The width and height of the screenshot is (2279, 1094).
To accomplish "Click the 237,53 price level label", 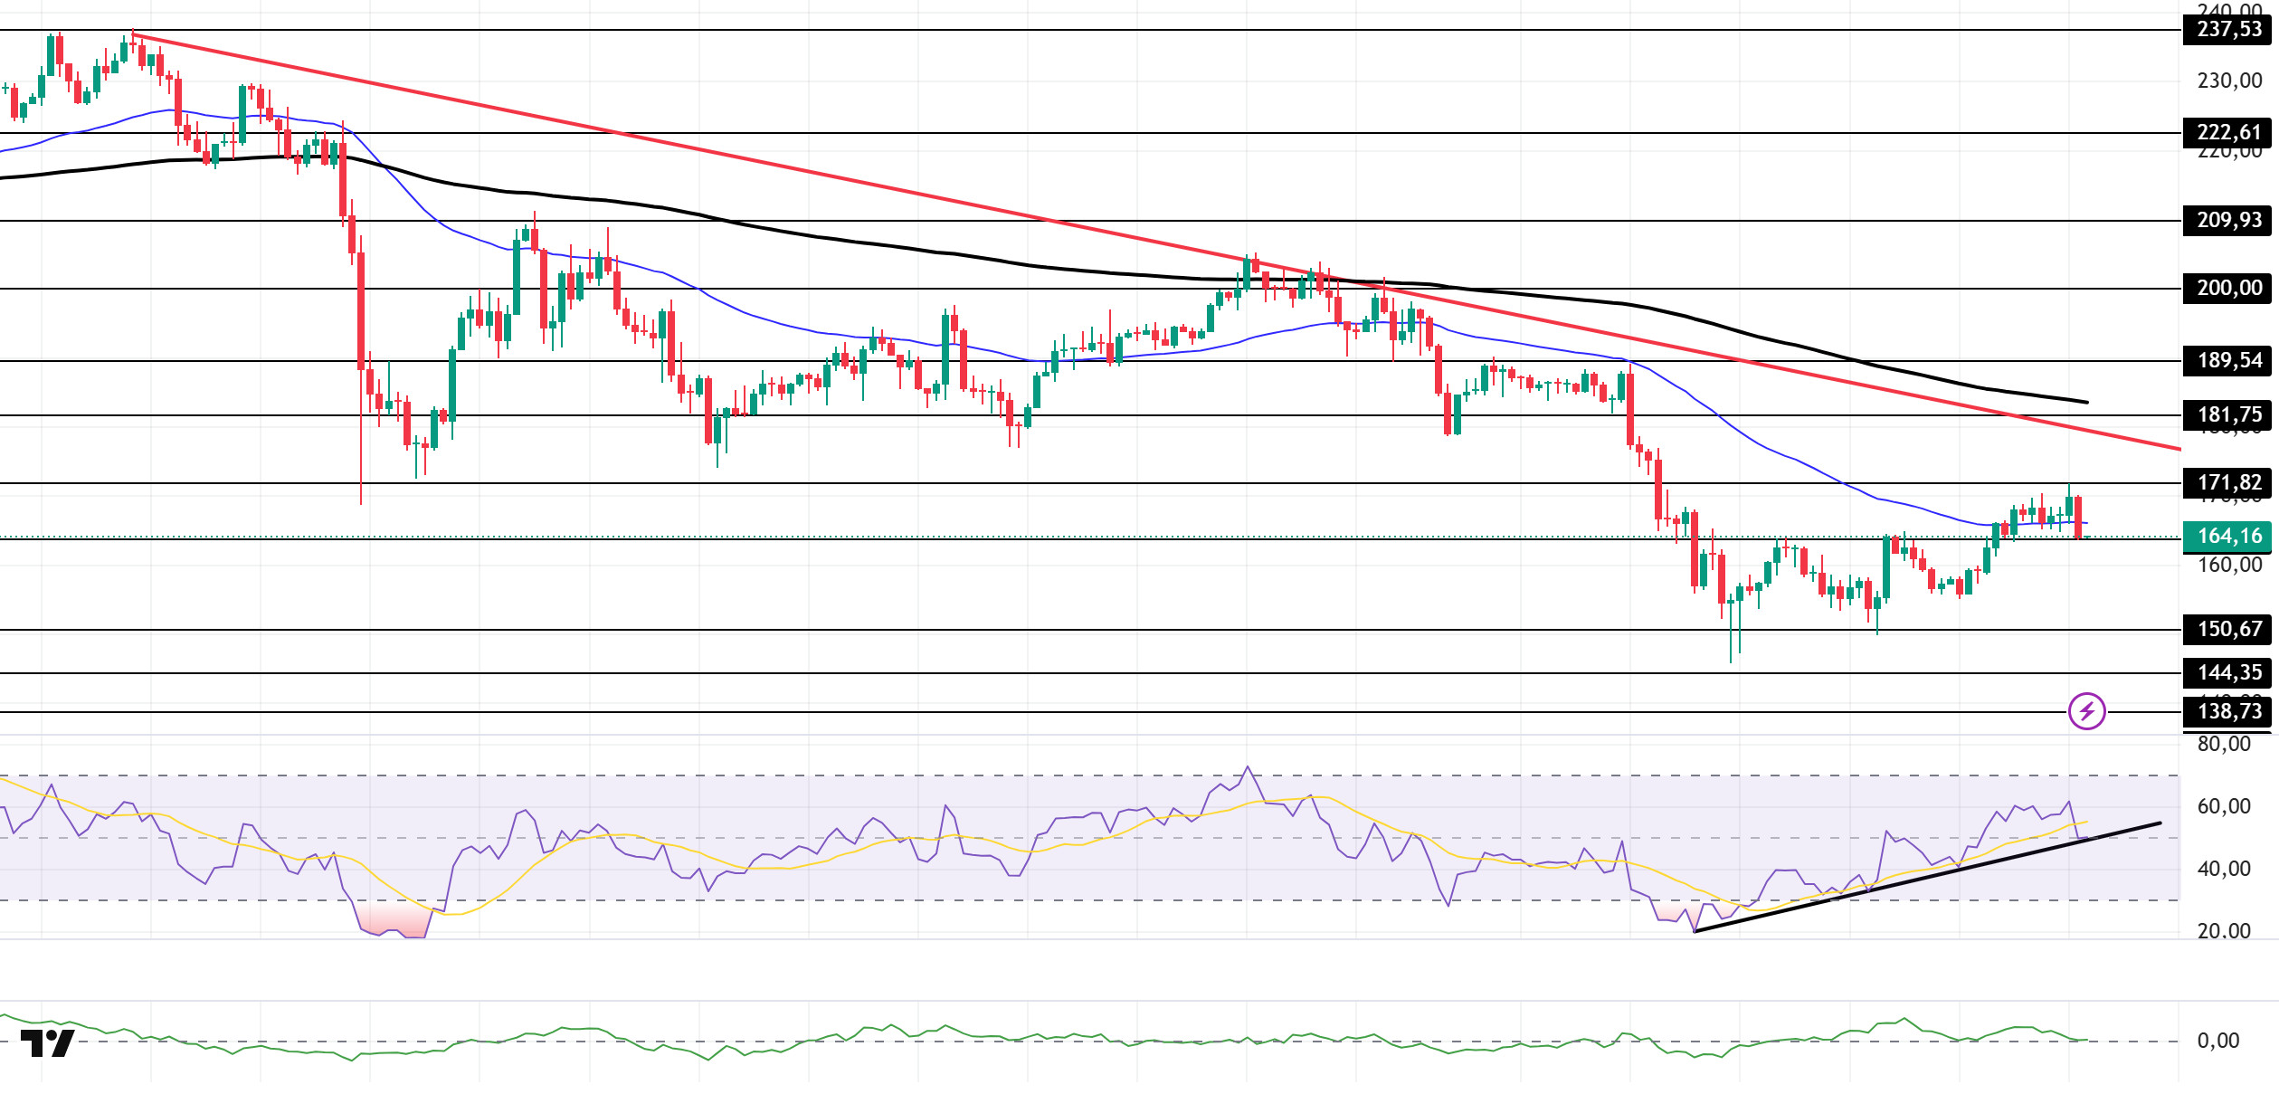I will click(x=2228, y=30).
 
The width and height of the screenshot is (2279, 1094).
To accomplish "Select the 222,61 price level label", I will click(x=2228, y=133).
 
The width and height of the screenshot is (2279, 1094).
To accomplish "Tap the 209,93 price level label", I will click(x=2228, y=221).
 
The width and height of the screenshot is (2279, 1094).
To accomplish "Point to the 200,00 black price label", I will click(x=2228, y=289).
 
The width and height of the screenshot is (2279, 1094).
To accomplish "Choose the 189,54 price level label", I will click(x=2228, y=361).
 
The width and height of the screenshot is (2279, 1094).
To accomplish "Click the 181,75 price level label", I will click(x=2228, y=415).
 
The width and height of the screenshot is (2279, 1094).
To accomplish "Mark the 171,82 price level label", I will click(x=2228, y=483).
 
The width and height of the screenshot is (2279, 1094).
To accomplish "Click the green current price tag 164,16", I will click(x=2228, y=537).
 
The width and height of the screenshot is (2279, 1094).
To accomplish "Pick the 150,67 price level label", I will click(x=2228, y=630).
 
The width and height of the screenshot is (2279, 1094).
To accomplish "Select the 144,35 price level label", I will click(x=2228, y=673).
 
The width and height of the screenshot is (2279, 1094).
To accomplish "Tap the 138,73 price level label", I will click(x=2228, y=712).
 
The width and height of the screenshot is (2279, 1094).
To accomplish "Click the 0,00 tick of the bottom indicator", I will click(x=2218, y=1042).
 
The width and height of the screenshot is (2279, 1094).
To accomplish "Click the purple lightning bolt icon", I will click(x=2086, y=711).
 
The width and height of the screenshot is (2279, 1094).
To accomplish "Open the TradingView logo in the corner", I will click(x=47, y=1043).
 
